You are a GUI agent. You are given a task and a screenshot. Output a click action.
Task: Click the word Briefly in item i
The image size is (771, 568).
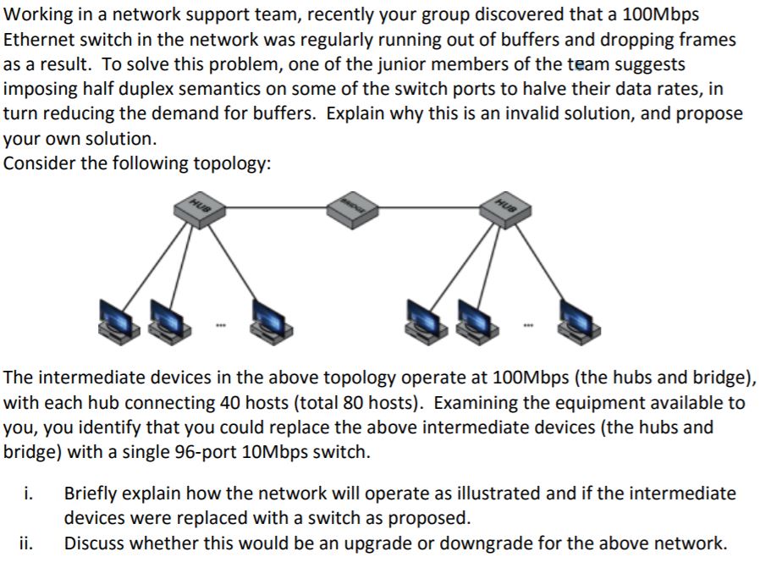91,493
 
